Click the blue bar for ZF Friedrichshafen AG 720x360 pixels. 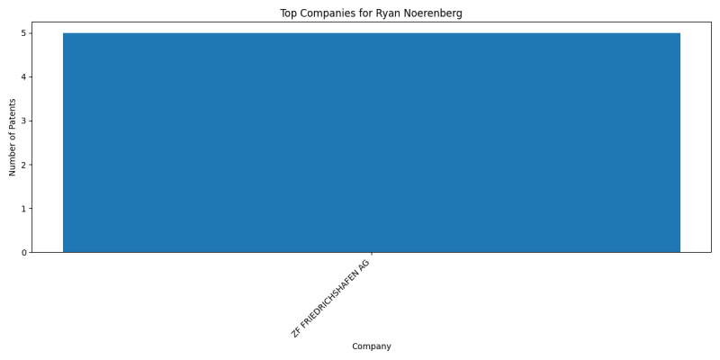point(372,142)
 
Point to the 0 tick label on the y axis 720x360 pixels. point(23,252)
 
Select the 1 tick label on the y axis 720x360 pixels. point(23,209)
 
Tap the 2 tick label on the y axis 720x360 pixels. point(23,165)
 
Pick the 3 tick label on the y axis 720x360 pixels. point(23,121)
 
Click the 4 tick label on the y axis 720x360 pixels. point(23,76)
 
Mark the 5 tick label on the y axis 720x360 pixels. point(23,33)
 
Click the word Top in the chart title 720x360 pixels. point(288,13)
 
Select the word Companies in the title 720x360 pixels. point(320,13)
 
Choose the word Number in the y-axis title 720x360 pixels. point(13,161)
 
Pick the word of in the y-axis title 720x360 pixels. point(13,137)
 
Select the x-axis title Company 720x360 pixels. point(372,346)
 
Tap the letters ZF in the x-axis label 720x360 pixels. point(296,332)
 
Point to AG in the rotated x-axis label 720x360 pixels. point(364,265)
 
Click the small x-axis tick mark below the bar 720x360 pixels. point(372,254)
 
